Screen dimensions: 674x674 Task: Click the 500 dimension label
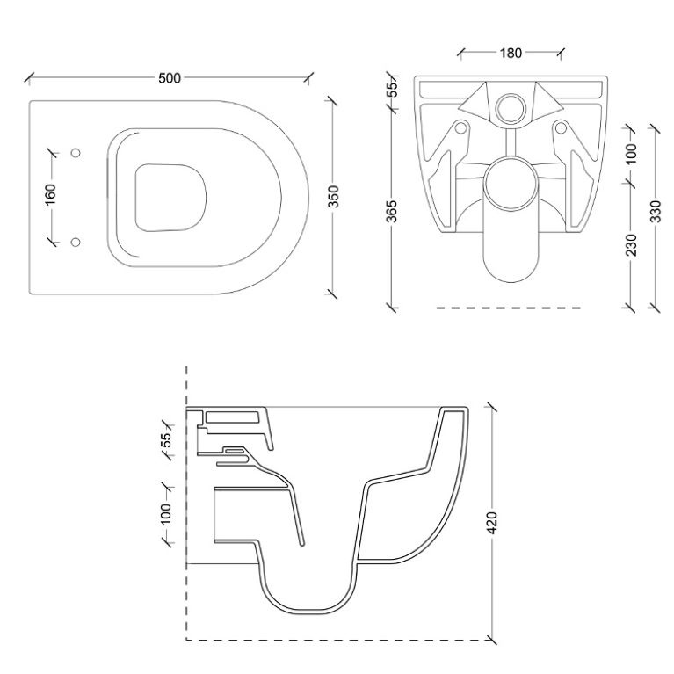point(170,78)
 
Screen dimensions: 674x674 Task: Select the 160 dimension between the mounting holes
point(50,193)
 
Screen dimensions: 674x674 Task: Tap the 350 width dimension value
point(333,197)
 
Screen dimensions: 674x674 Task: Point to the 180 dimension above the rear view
point(510,53)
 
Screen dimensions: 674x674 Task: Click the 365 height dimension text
point(393,212)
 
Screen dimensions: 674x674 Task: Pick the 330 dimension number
point(656,213)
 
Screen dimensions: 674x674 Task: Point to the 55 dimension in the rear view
point(393,88)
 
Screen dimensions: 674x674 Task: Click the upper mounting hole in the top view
point(75,153)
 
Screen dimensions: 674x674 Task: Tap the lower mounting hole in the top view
point(75,241)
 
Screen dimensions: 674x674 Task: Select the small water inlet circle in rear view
point(510,106)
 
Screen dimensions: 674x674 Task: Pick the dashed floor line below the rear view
point(510,308)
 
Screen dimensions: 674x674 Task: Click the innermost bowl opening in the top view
point(170,197)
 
